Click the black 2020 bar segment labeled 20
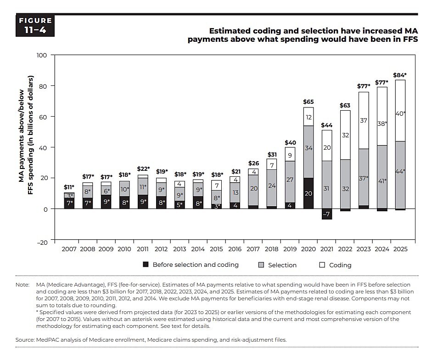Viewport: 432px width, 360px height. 309,193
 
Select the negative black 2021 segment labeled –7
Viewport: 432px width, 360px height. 326,214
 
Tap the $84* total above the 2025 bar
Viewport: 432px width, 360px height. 400,75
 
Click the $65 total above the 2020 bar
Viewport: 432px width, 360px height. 309,101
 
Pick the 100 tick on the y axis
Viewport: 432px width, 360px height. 42,55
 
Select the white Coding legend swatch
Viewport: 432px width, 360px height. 321,265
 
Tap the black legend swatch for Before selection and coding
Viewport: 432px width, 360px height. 146,265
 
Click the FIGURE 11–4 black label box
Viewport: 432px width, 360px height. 35,26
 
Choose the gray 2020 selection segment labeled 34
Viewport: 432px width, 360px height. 309,148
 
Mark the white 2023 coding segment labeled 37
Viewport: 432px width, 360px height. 363,120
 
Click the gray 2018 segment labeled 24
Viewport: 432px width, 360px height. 272,186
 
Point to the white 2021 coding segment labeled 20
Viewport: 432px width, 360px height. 326,147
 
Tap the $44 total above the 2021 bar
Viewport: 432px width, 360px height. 326,125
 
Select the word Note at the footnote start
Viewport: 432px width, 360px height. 22,285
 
